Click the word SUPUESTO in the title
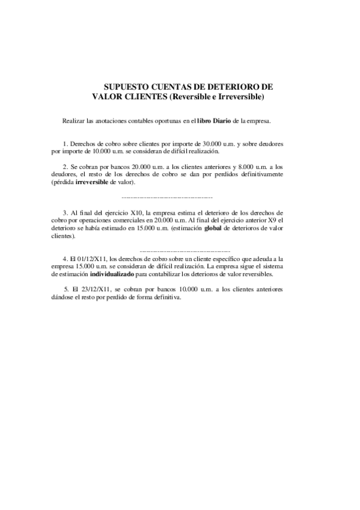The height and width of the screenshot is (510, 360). (123, 87)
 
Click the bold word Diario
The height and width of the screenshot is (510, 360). (222, 121)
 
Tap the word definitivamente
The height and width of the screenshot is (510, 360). (259, 174)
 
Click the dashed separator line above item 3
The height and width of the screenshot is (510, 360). (167, 197)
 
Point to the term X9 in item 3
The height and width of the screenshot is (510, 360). (268, 221)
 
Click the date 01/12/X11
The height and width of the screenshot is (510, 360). (88, 258)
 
